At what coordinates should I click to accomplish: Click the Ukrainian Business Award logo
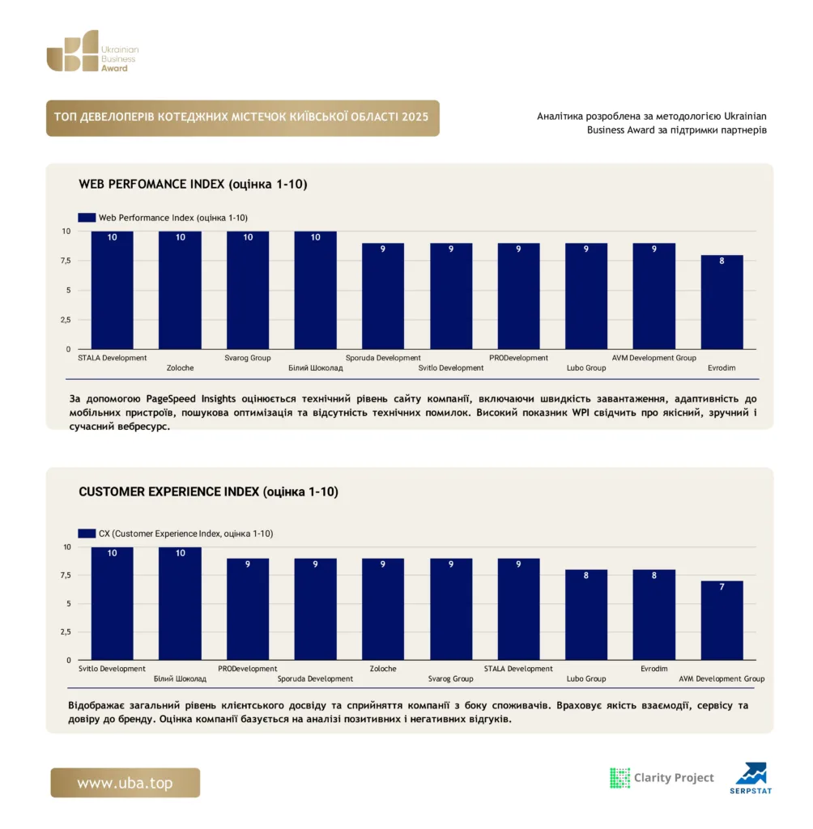click(x=92, y=51)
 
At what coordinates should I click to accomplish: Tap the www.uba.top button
click(x=126, y=783)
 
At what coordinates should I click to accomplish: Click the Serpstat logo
click(x=751, y=778)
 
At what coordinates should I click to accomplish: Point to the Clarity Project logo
click(x=662, y=778)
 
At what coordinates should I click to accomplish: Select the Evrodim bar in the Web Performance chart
click(x=721, y=302)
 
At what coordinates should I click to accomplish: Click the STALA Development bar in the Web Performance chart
click(x=112, y=291)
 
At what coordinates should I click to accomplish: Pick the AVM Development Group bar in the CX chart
click(x=721, y=620)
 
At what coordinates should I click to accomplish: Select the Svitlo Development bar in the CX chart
click(x=112, y=603)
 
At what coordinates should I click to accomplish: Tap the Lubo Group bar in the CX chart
click(x=586, y=614)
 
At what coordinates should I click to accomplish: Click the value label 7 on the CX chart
click(x=721, y=587)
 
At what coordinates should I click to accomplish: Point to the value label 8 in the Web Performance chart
click(x=721, y=261)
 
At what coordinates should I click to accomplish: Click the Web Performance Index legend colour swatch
click(x=87, y=217)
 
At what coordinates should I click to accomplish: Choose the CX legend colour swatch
click(x=87, y=534)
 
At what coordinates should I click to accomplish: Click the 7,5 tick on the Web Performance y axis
click(x=66, y=261)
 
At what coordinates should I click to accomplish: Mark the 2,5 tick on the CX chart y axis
click(x=66, y=631)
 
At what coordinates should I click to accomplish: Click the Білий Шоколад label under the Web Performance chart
click(x=315, y=368)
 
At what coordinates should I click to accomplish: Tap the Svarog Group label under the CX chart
click(x=451, y=679)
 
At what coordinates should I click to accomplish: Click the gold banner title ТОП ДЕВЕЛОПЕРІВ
click(x=241, y=117)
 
